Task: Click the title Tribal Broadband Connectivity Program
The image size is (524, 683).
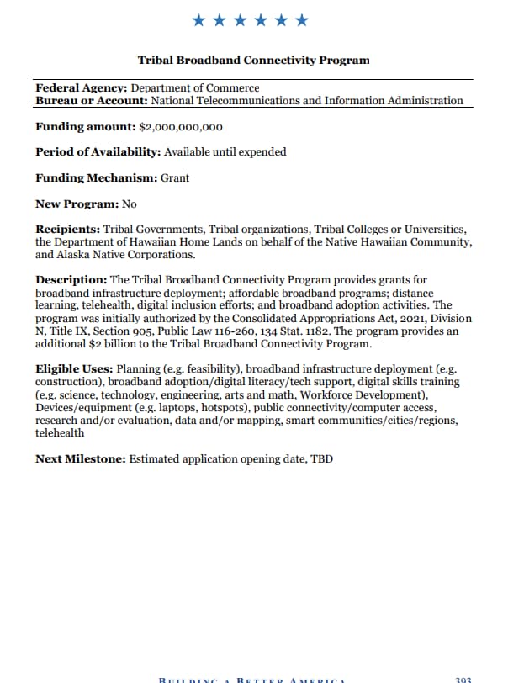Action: coord(253,60)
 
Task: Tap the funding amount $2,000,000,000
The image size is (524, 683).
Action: coord(181,127)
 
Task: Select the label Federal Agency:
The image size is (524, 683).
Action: coord(82,87)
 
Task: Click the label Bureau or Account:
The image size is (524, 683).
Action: coord(92,100)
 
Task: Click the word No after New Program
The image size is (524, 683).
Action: coord(129,204)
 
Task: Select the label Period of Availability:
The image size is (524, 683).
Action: coord(98,152)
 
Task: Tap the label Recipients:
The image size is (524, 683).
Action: coord(67,229)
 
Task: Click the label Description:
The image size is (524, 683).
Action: coord(71,279)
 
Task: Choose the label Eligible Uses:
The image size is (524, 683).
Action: coord(74,369)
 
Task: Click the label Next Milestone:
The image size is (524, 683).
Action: coord(80,458)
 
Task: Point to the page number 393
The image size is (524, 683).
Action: coord(463,679)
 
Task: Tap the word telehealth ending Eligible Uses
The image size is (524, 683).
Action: coord(60,432)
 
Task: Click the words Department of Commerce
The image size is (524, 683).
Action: coord(195,87)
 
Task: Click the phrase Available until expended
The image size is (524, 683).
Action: coord(225,152)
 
